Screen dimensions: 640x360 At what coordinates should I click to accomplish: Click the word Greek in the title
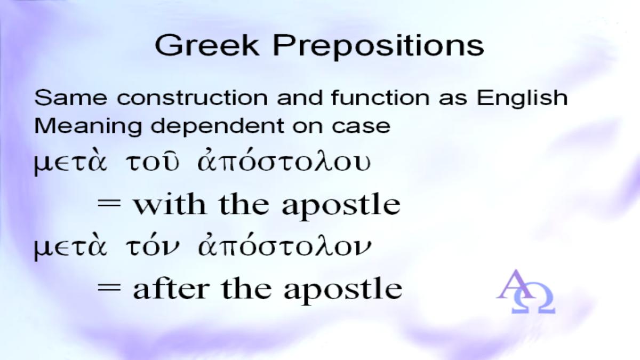click(x=207, y=45)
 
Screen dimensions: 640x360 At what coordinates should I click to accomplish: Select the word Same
click(x=71, y=98)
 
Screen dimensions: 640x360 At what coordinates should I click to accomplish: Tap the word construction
click(x=193, y=98)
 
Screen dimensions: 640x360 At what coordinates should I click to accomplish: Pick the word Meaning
click(x=88, y=126)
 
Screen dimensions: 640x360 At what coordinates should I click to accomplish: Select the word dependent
click(x=217, y=126)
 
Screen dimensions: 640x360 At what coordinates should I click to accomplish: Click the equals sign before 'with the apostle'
click(x=109, y=205)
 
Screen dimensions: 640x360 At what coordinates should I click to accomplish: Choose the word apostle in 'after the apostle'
click(x=343, y=290)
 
